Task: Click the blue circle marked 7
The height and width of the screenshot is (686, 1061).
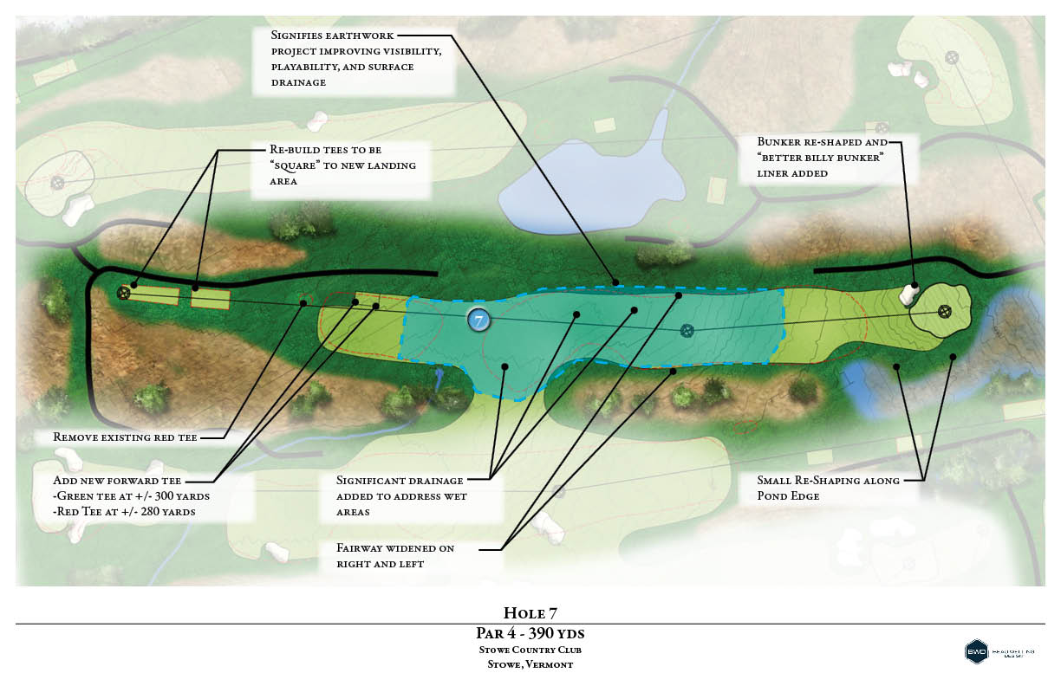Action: coord(478,320)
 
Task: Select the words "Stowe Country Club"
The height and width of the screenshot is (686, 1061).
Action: coord(530,650)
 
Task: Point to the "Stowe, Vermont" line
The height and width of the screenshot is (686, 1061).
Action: coord(530,664)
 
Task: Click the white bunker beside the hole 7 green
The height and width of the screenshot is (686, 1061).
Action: coord(908,294)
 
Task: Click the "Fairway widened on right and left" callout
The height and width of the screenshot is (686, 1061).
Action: coord(396,555)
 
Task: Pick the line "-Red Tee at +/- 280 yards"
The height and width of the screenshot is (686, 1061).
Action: coord(124,511)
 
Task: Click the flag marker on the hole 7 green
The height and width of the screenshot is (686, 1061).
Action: coord(945,310)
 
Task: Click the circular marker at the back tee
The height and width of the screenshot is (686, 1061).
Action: coord(124,293)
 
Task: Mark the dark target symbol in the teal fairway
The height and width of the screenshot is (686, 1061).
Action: coord(687,330)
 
